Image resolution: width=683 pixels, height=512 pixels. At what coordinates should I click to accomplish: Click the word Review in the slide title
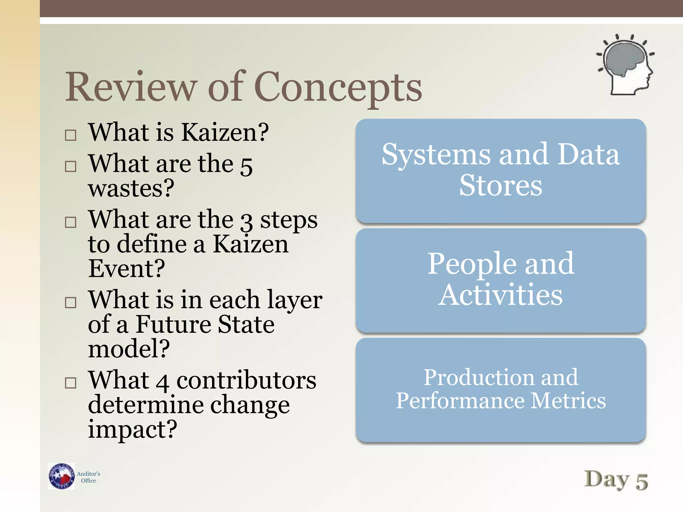(x=130, y=87)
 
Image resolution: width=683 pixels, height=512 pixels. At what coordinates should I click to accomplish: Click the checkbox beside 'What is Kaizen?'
(x=70, y=135)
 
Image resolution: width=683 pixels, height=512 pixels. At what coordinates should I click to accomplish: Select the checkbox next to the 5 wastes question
(x=70, y=166)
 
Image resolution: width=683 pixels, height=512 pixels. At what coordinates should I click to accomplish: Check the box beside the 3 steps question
(x=70, y=222)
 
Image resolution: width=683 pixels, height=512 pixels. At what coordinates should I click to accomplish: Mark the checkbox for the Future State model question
(x=70, y=302)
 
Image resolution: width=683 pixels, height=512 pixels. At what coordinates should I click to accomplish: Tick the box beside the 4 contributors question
(x=70, y=383)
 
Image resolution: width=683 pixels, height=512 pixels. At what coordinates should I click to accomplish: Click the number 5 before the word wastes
(x=246, y=166)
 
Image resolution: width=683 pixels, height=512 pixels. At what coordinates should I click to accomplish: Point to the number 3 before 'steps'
(x=246, y=222)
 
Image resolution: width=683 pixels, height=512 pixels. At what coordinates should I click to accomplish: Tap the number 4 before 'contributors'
(x=162, y=383)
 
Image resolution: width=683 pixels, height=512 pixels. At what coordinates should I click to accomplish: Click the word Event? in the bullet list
(x=126, y=268)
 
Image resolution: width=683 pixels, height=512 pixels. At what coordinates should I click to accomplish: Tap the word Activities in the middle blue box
(x=500, y=295)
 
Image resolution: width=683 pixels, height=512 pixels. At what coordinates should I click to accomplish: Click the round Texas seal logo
(x=61, y=476)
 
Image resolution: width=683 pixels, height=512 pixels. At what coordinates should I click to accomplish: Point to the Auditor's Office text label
(x=88, y=477)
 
